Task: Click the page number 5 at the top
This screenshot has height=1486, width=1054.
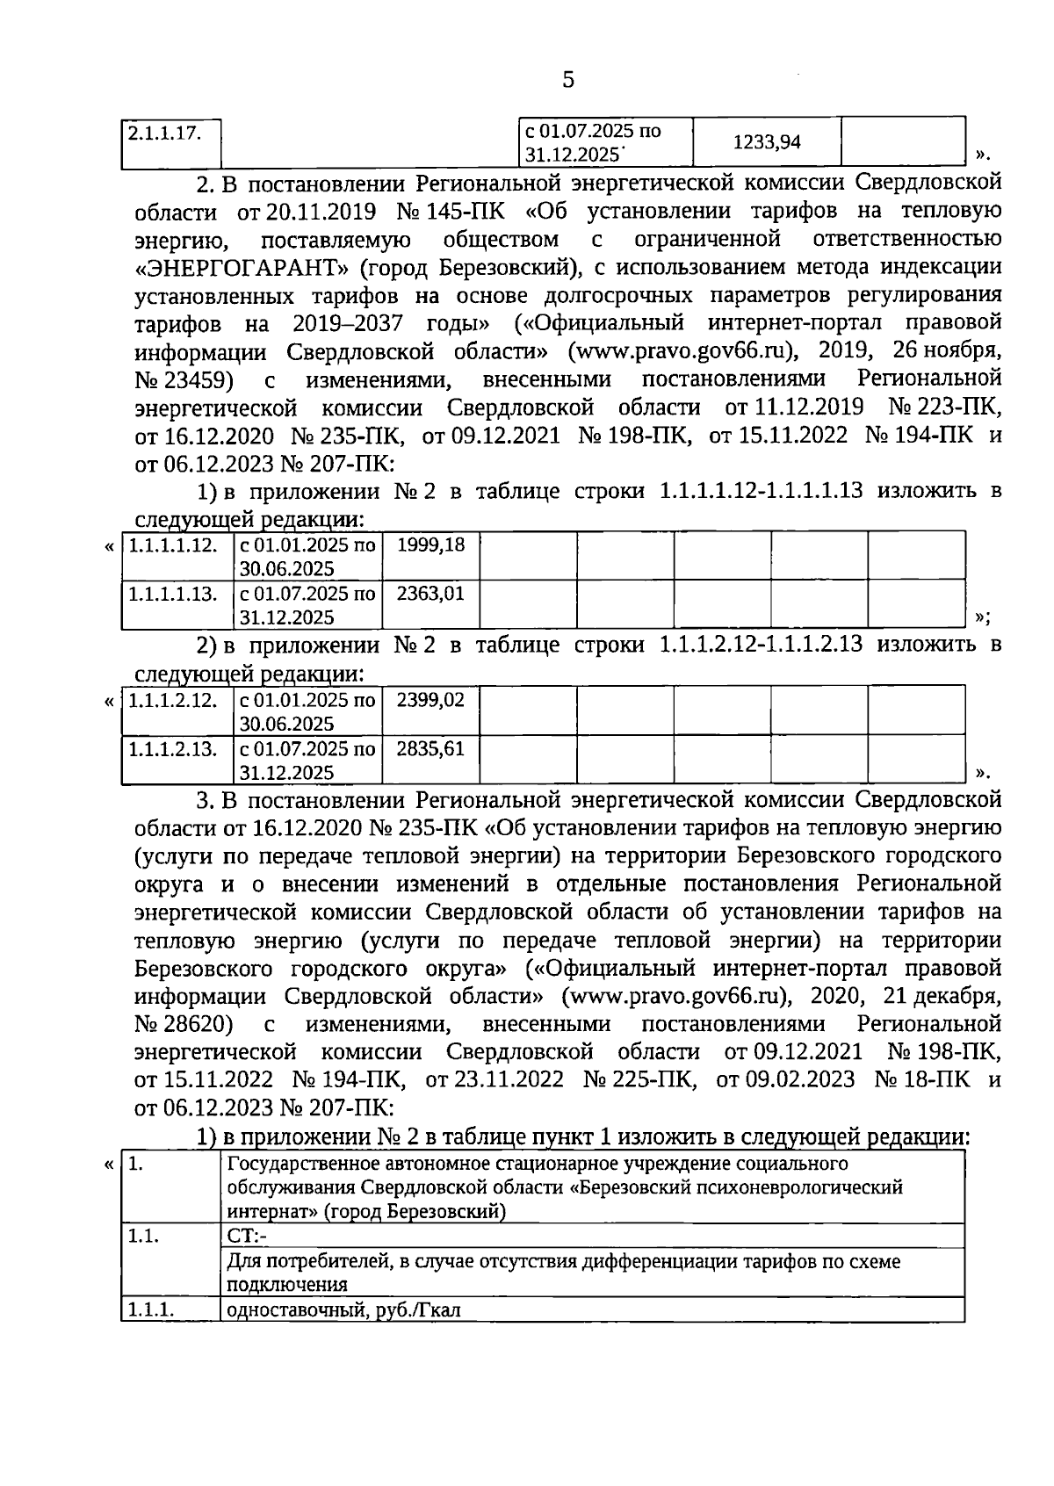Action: pos(567,81)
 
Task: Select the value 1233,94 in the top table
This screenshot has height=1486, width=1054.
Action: pos(767,141)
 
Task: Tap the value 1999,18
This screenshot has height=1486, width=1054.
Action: pos(430,545)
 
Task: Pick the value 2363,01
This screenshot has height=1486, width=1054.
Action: pos(430,594)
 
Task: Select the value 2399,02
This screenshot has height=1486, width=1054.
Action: pos(430,700)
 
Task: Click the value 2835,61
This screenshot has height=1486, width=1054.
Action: pos(430,749)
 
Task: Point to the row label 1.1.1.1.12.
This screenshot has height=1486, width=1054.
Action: pos(173,545)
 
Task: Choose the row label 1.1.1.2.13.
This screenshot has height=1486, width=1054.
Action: pos(173,749)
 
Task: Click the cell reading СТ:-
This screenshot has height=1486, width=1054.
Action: pos(247,1236)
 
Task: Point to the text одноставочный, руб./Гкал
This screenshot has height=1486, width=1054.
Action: pos(343,1310)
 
